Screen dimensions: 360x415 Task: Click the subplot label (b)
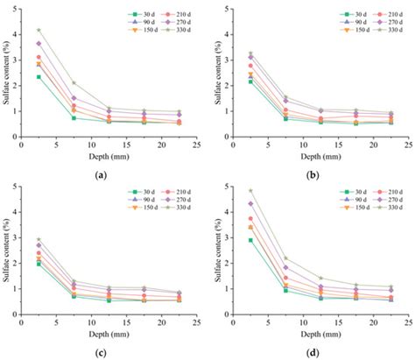pyautogui.click(x=313, y=175)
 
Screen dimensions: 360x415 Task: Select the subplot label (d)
pyautogui.click(x=313, y=352)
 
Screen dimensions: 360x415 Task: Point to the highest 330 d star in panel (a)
pyautogui.click(x=39, y=30)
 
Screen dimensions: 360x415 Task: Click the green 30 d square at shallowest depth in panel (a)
pyautogui.click(x=39, y=77)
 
